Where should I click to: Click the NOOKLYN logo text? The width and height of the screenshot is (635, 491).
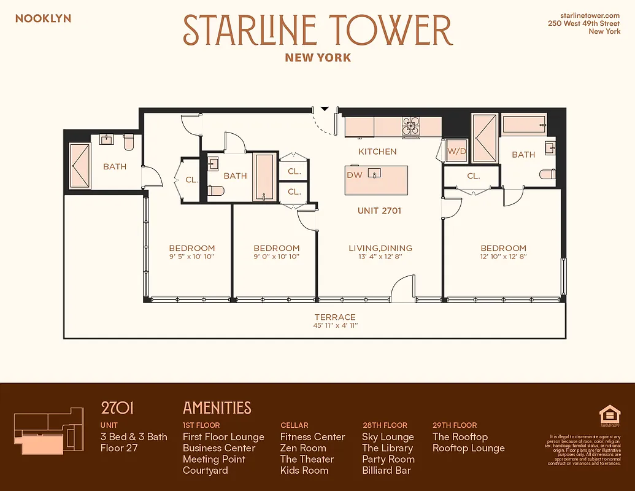(x=43, y=18)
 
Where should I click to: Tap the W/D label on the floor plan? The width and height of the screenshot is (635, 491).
(x=455, y=151)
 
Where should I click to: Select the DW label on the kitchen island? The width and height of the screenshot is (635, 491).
(x=355, y=175)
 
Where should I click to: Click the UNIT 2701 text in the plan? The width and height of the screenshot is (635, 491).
(x=379, y=211)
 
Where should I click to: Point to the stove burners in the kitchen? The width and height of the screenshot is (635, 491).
(x=410, y=125)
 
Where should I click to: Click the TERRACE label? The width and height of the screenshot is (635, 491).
(x=334, y=317)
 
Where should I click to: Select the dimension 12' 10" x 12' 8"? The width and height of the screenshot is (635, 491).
(x=503, y=257)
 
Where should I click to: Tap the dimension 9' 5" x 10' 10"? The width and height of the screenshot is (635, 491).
(x=192, y=257)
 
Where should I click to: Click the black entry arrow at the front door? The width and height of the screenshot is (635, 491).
(x=325, y=109)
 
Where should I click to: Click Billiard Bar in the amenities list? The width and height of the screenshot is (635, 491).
(x=387, y=470)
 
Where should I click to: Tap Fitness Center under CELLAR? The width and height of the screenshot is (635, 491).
(x=312, y=437)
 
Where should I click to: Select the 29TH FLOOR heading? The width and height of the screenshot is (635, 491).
(x=455, y=425)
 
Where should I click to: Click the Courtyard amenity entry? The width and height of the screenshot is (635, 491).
(x=205, y=470)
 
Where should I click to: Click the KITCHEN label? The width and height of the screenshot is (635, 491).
(x=377, y=151)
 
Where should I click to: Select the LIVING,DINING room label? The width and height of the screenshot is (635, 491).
(x=380, y=248)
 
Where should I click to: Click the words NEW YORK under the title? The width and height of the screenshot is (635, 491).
(x=318, y=58)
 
